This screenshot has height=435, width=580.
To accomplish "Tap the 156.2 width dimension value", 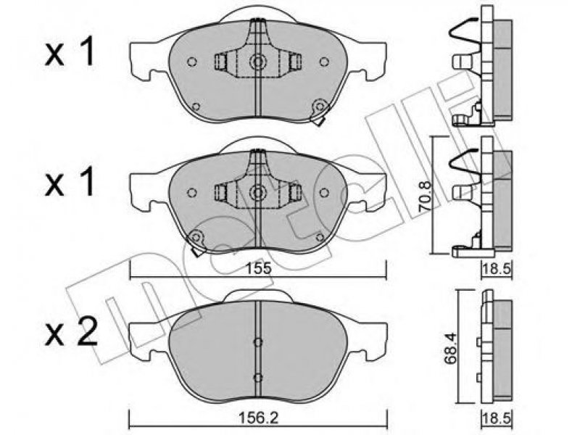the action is (257, 419).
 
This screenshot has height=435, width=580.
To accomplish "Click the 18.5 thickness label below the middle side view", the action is (497, 269).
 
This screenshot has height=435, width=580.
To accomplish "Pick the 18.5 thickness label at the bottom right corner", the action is (497, 419).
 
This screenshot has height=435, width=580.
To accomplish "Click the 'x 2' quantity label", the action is (71, 332).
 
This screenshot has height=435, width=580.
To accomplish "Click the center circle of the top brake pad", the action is (257, 62).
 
